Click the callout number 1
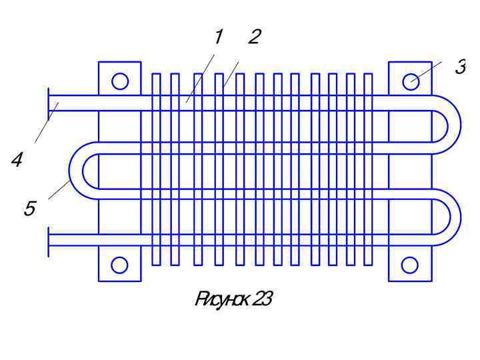point(218,38)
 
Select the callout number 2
point(253,37)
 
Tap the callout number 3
point(459,67)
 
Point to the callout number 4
point(17,159)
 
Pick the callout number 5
point(29,209)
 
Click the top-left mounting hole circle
point(120,81)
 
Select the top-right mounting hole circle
point(410,81)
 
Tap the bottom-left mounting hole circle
point(120,265)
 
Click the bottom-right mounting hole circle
point(410,265)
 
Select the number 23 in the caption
point(262,300)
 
